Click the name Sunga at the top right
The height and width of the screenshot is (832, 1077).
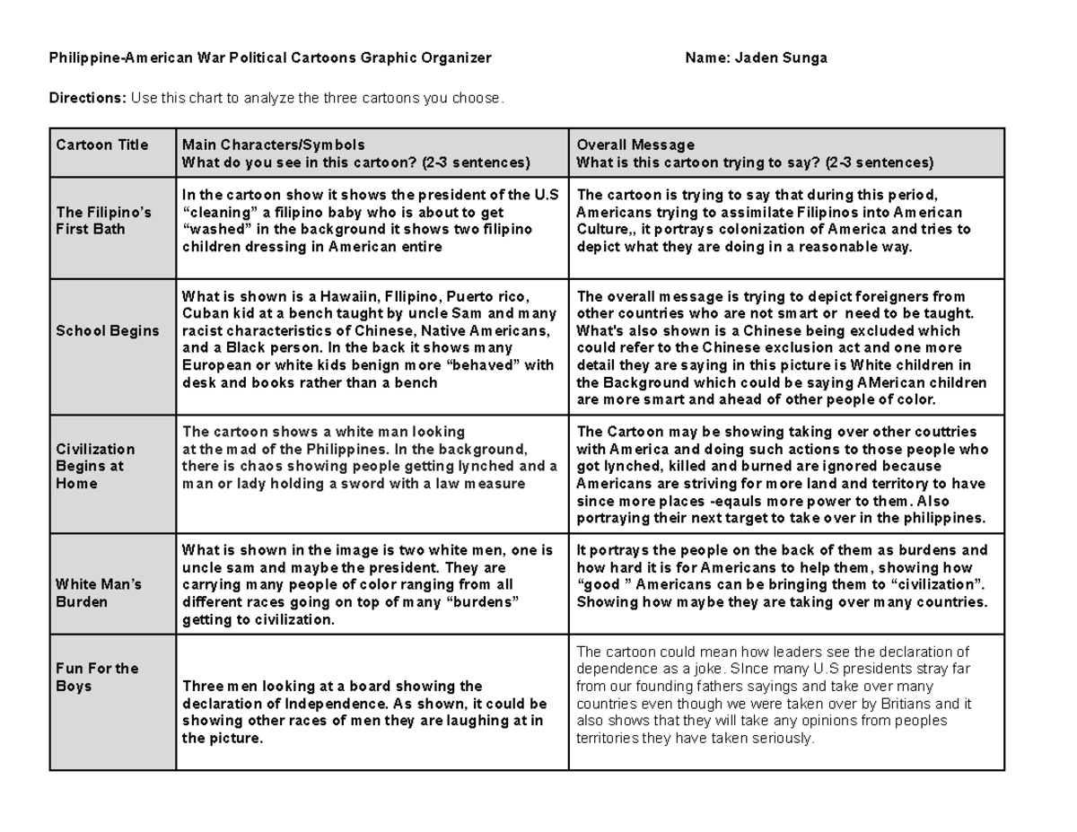pos(804,58)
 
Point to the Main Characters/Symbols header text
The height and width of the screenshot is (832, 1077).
pos(273,145)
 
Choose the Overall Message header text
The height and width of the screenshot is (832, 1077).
pos(635,145)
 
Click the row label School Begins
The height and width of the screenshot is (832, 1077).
pos(107,330)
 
